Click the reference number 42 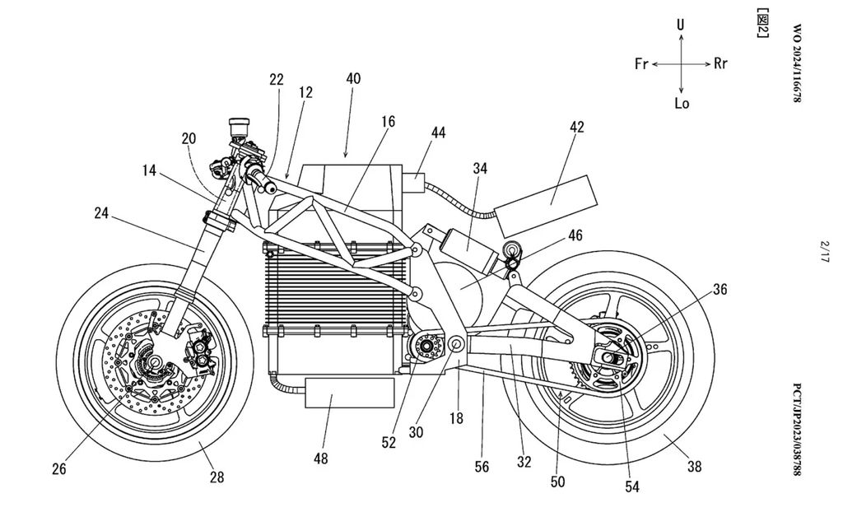point(576,127)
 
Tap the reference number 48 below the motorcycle point(320,458)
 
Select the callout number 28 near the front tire point(216,477)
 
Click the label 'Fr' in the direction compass point(642,64)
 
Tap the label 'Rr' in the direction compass point(720,64)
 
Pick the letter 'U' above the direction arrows point(681,26)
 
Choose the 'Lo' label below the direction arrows point(682,104)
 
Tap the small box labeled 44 point(414,181)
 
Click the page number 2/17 point(824,250)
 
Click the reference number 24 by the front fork point(101,212)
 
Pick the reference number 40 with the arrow point(353,78)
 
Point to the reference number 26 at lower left point(59,470)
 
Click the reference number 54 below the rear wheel point(632,486)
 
